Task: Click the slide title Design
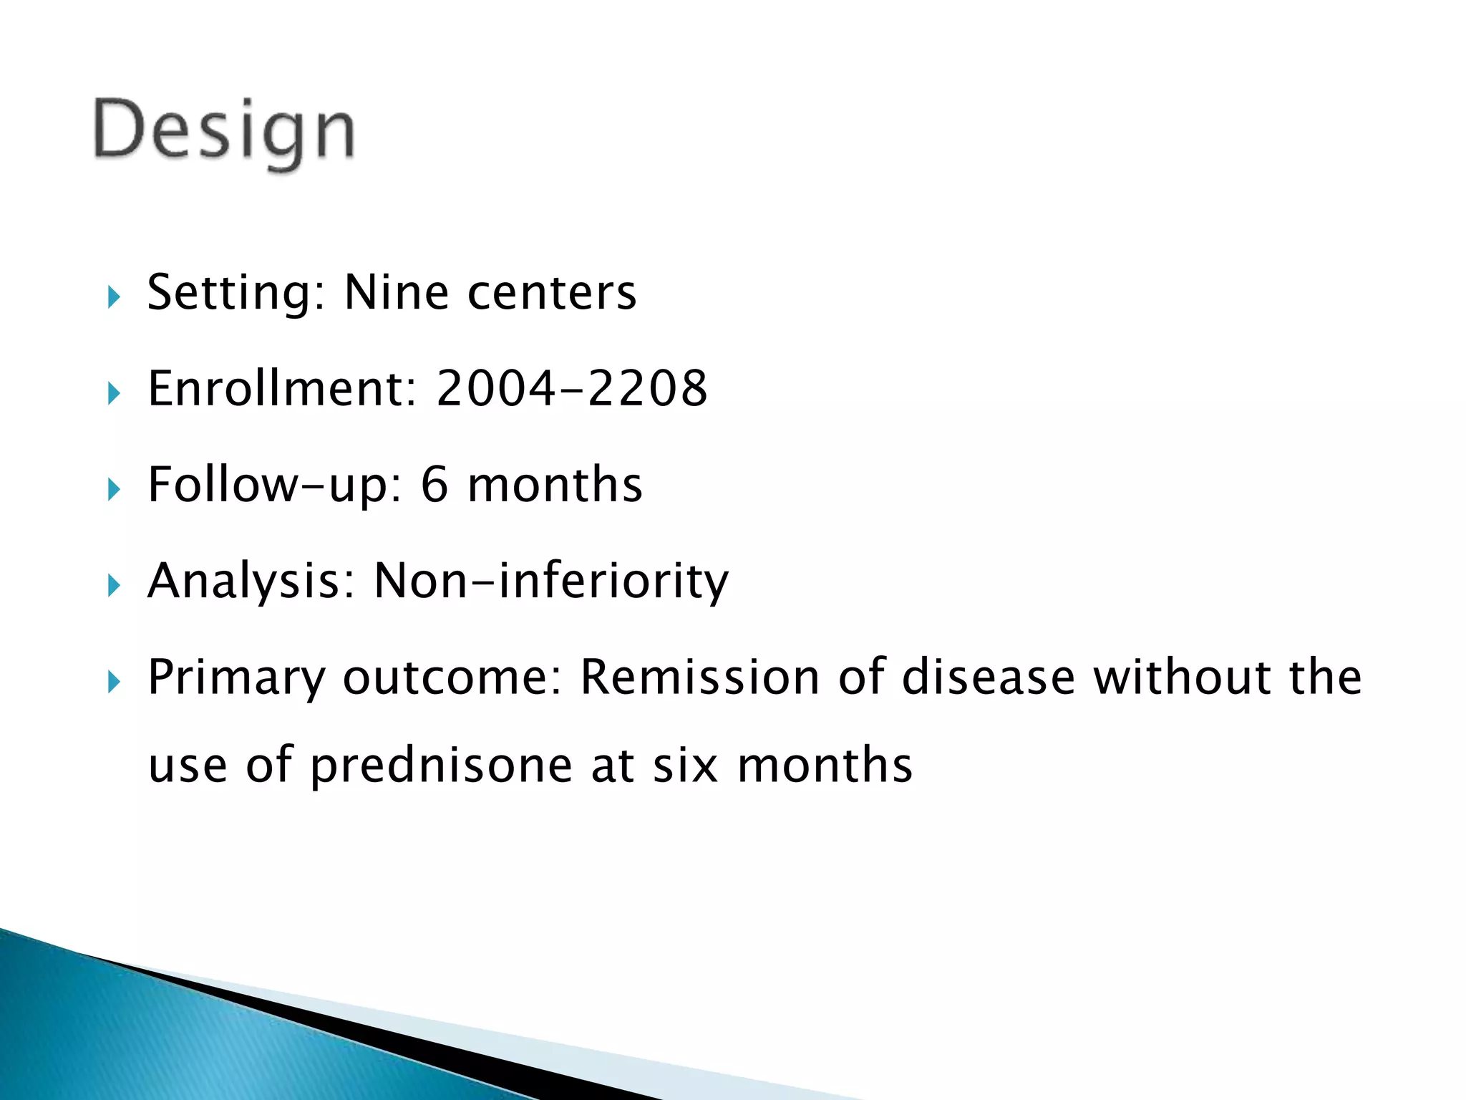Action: tap(223, 130)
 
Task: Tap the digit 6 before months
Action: tap(435, 485)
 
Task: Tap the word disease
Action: tap(988, 677)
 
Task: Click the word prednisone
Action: tap(441, 765)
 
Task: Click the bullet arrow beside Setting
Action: tap(114, 296)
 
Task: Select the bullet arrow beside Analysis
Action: tap(114, 586)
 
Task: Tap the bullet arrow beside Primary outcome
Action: tap(114, 682)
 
